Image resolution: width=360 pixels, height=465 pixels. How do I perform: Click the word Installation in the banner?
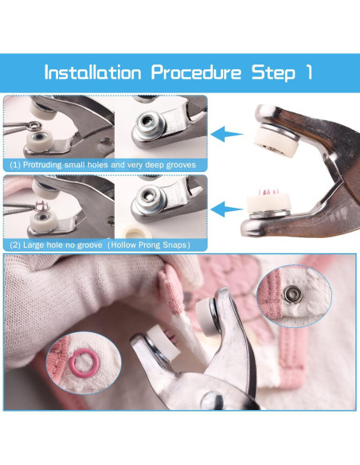tap(93, 72)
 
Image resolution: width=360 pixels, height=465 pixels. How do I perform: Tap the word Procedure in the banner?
tap(196, 73)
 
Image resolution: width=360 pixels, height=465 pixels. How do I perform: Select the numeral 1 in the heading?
tap(308, 72)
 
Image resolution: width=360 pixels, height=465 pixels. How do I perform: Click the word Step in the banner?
tap(273, 73)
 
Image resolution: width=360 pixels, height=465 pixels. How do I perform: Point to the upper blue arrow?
tap(226, 134)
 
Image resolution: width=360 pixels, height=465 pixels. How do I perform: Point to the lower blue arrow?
tap(226, 209)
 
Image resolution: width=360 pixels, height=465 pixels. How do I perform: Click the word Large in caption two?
tap(31, 245)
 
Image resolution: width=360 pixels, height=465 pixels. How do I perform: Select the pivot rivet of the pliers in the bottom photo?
tap(213, 401)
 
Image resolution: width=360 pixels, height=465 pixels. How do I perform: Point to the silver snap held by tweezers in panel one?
tap(33, 126)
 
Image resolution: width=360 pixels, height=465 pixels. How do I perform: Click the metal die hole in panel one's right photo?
tap(147, 120)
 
